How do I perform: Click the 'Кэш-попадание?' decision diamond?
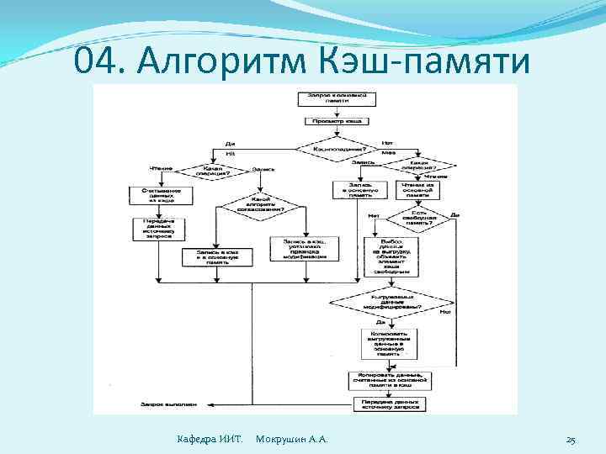click(x=337, y=148)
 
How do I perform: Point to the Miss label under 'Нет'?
click(x=388, y=153)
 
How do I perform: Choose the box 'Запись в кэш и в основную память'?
click(x=215, y=256)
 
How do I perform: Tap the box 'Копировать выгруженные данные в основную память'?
click(x=386, y=342)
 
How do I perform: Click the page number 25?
click(x=571, y=440)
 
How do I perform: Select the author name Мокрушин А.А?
click(x=291, y=440)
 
